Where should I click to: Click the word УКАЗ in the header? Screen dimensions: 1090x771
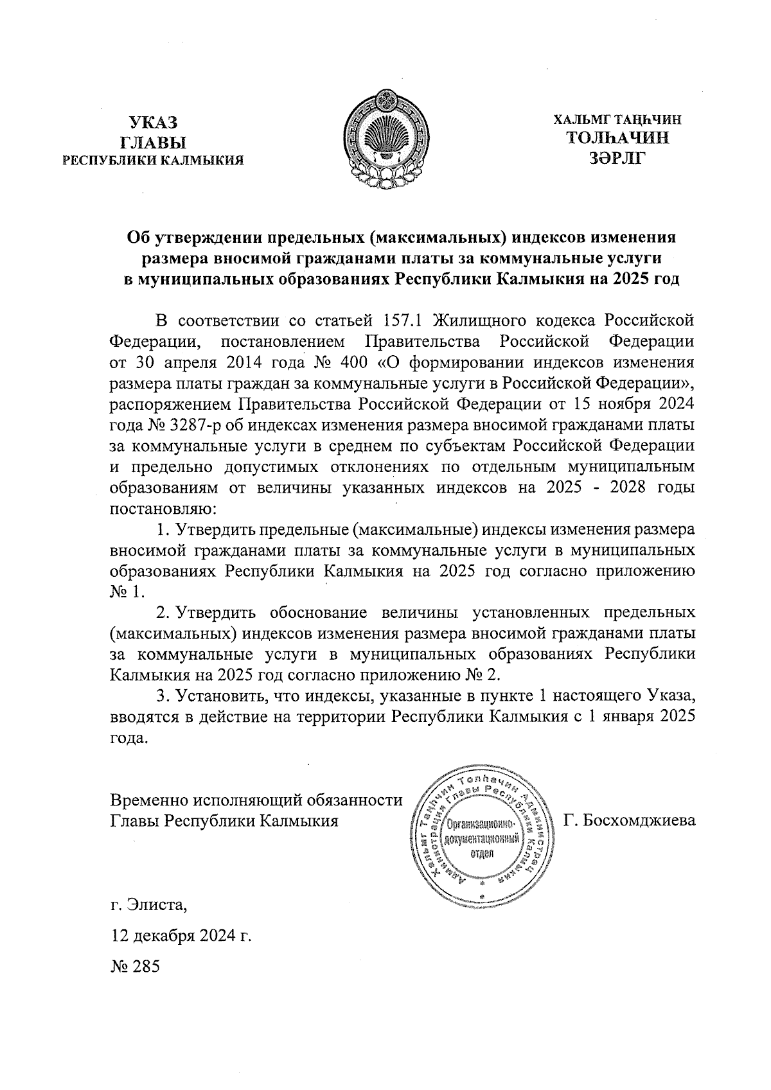(x=152, y=122)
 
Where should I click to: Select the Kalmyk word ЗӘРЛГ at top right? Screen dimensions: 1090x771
(x=616, y=157)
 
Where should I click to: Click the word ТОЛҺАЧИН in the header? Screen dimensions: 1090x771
(x=617, y=137)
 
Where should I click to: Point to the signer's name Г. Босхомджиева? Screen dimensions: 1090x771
(x=629, y=820)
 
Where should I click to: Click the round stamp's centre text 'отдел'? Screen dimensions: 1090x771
(x=482, y=854)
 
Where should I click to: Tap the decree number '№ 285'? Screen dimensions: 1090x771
(x=134, y=965)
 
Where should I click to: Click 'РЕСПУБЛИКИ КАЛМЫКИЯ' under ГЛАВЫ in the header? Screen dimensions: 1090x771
(x=152, y=161)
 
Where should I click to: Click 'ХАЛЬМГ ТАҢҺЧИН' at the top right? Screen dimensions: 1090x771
(x=617, y=119)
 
